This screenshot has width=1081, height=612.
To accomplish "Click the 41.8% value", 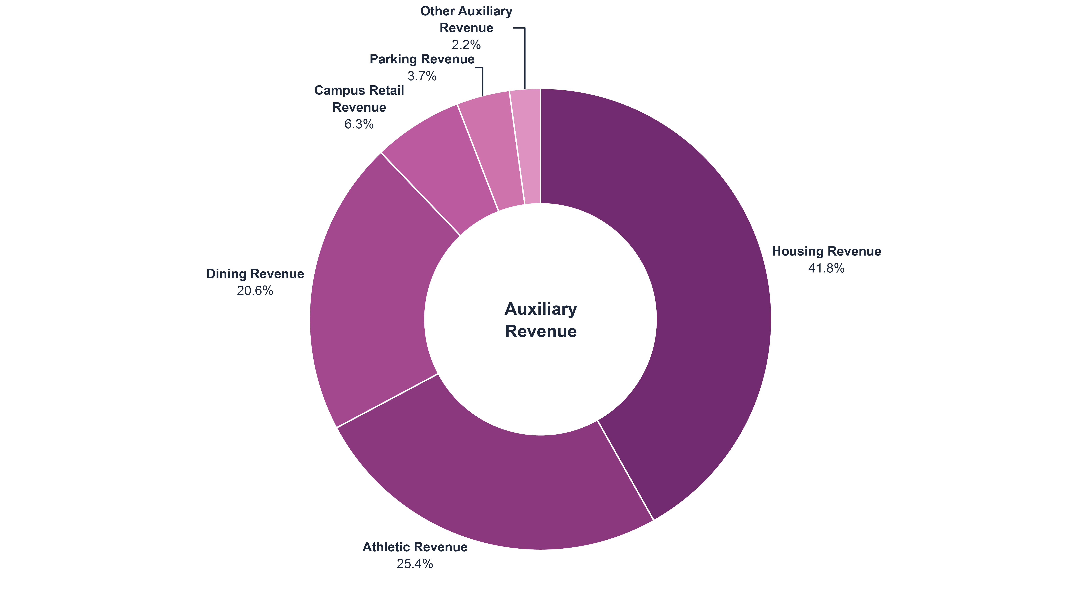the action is pos(826,268).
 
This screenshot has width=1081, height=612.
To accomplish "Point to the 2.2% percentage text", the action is pos(466,45).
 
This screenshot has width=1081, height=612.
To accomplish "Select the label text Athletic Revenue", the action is pos(415,547).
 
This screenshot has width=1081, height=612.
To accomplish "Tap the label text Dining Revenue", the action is pos(255,274).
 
